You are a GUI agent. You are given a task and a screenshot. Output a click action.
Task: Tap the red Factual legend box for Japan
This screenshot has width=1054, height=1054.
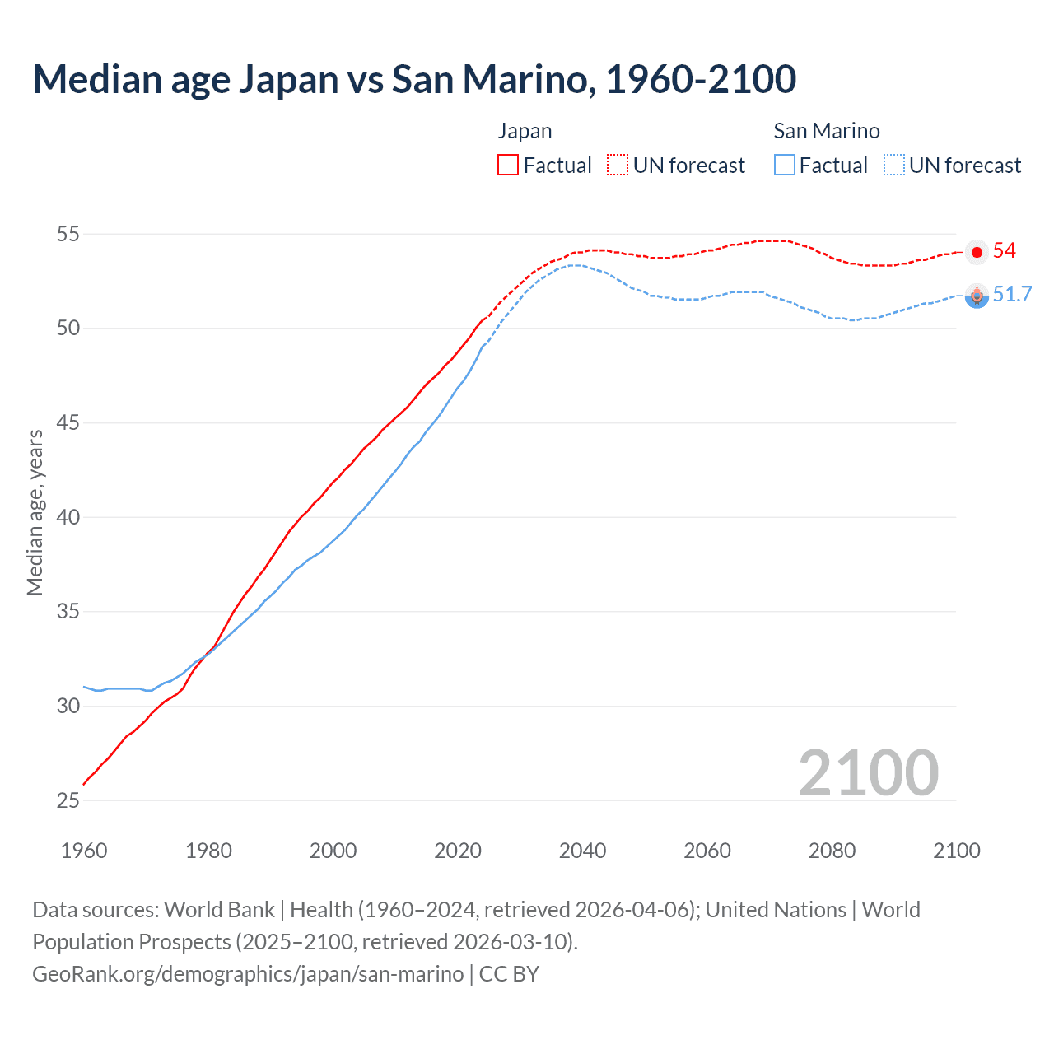(x=508, y=165)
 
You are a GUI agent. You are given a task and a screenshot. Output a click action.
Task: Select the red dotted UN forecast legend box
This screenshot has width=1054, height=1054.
(x=618, y=165)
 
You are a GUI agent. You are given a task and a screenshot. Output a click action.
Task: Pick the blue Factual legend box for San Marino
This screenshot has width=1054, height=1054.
(x=785, y=165)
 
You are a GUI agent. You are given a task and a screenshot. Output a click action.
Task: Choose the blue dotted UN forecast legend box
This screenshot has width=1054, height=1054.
(x=894, y=165)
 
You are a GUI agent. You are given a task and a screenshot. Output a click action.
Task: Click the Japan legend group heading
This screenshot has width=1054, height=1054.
(x=525, y=131)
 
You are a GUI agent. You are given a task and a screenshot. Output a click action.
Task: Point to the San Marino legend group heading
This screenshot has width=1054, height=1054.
(x=827, y=131)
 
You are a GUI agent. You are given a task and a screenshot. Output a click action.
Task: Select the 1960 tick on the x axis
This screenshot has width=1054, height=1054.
(x=84, y=851)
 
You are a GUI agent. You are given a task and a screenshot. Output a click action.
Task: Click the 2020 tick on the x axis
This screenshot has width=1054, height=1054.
(x=458, y=851)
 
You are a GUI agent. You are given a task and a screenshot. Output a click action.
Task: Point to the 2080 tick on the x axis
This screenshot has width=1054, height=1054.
(x=832, y=851)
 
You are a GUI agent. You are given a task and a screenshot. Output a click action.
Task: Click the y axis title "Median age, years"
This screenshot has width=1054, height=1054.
(x=35, y=512)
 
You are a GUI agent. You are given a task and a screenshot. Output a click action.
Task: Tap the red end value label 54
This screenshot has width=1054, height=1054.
(x=1005, y=251)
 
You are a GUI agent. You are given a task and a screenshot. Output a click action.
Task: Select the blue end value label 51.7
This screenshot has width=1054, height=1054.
(x=1012, y=295)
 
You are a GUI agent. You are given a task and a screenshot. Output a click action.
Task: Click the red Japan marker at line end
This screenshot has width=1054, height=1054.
(x=977, y=252)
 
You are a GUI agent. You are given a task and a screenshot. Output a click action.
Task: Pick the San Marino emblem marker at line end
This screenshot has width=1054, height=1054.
(x=977, y=296)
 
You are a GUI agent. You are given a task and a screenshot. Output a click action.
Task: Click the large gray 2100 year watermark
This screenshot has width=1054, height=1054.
(x=868, y=772)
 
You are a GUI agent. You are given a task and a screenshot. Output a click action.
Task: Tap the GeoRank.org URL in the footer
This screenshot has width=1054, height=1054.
(x=248, y=973)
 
